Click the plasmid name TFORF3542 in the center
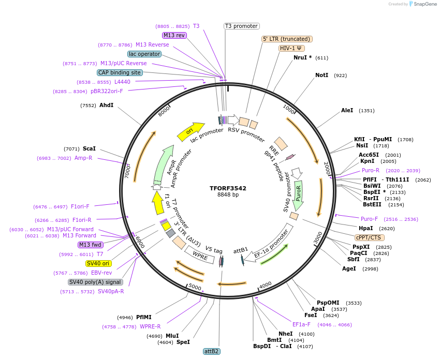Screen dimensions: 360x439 228,188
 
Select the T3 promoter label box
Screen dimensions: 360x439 241,26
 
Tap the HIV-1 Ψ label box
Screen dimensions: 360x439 291,48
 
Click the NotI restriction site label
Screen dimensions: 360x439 321,76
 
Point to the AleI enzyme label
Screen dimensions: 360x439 347,110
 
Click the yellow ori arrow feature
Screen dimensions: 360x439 190,132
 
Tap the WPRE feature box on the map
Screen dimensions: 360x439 200,254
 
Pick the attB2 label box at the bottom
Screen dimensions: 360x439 212,351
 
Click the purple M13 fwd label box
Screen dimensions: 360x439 90,245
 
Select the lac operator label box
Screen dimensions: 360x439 144,54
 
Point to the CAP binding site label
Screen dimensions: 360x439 120,72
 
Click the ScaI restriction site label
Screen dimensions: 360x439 89,148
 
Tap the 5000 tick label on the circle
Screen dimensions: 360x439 195,287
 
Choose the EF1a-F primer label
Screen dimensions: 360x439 301,324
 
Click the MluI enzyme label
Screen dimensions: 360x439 172,336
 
